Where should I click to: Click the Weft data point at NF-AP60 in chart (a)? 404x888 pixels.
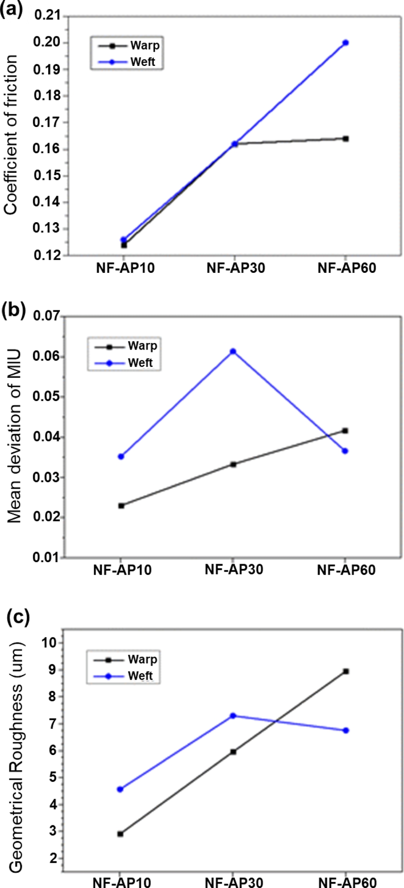click(x=345, y=43)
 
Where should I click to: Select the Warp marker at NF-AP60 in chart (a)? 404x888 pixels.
click(x=346, y=139)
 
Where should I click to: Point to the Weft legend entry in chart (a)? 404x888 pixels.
click(x=142, y=62)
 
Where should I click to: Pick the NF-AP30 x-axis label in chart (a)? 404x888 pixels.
click(x=236, y=268)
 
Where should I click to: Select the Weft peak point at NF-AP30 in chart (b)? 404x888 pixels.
click(x=233, y=351)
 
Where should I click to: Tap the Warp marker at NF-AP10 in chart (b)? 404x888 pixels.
click(x=121, y=506)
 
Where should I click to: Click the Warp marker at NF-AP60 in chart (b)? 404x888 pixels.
click(x=345, y=431)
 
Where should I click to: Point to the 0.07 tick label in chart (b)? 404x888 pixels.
click(x=47, y=316)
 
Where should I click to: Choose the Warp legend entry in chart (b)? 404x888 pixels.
click(x=142, y=346)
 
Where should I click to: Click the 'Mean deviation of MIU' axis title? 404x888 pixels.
click(x=14, y=437)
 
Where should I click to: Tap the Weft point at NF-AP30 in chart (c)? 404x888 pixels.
click(x=233, y=716)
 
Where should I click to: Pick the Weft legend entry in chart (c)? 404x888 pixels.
click(x=140, y=676)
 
